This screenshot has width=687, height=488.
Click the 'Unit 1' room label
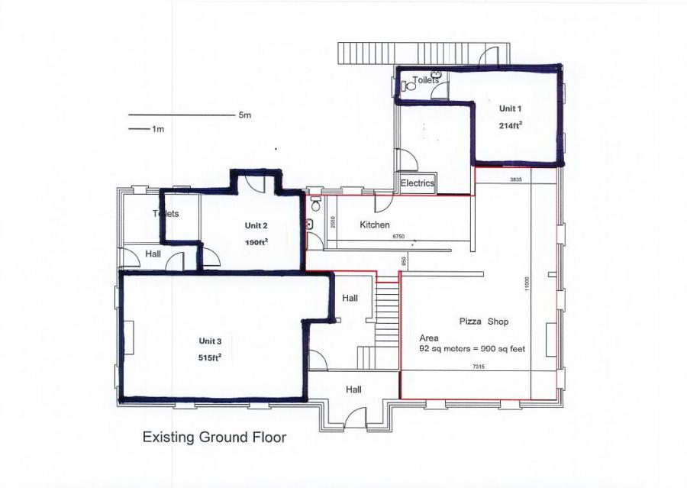511,108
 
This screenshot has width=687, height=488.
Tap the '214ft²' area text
511,125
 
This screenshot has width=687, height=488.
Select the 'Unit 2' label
256,225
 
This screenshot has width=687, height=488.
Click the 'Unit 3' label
210,341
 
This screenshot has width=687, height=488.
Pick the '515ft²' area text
210,357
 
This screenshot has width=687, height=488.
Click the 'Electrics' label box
418,183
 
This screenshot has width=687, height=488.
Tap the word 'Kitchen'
375,225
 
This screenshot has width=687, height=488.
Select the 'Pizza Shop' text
484,322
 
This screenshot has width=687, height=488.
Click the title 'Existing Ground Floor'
214,438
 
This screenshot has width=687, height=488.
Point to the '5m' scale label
244,115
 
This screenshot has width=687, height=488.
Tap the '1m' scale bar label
158,129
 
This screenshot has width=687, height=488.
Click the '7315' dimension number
479,367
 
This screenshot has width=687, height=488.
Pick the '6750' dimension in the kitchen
398,238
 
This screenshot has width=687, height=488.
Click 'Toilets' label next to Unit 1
425,79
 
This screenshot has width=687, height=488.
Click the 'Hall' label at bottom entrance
353,389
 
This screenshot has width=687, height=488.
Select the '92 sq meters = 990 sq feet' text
473,348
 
